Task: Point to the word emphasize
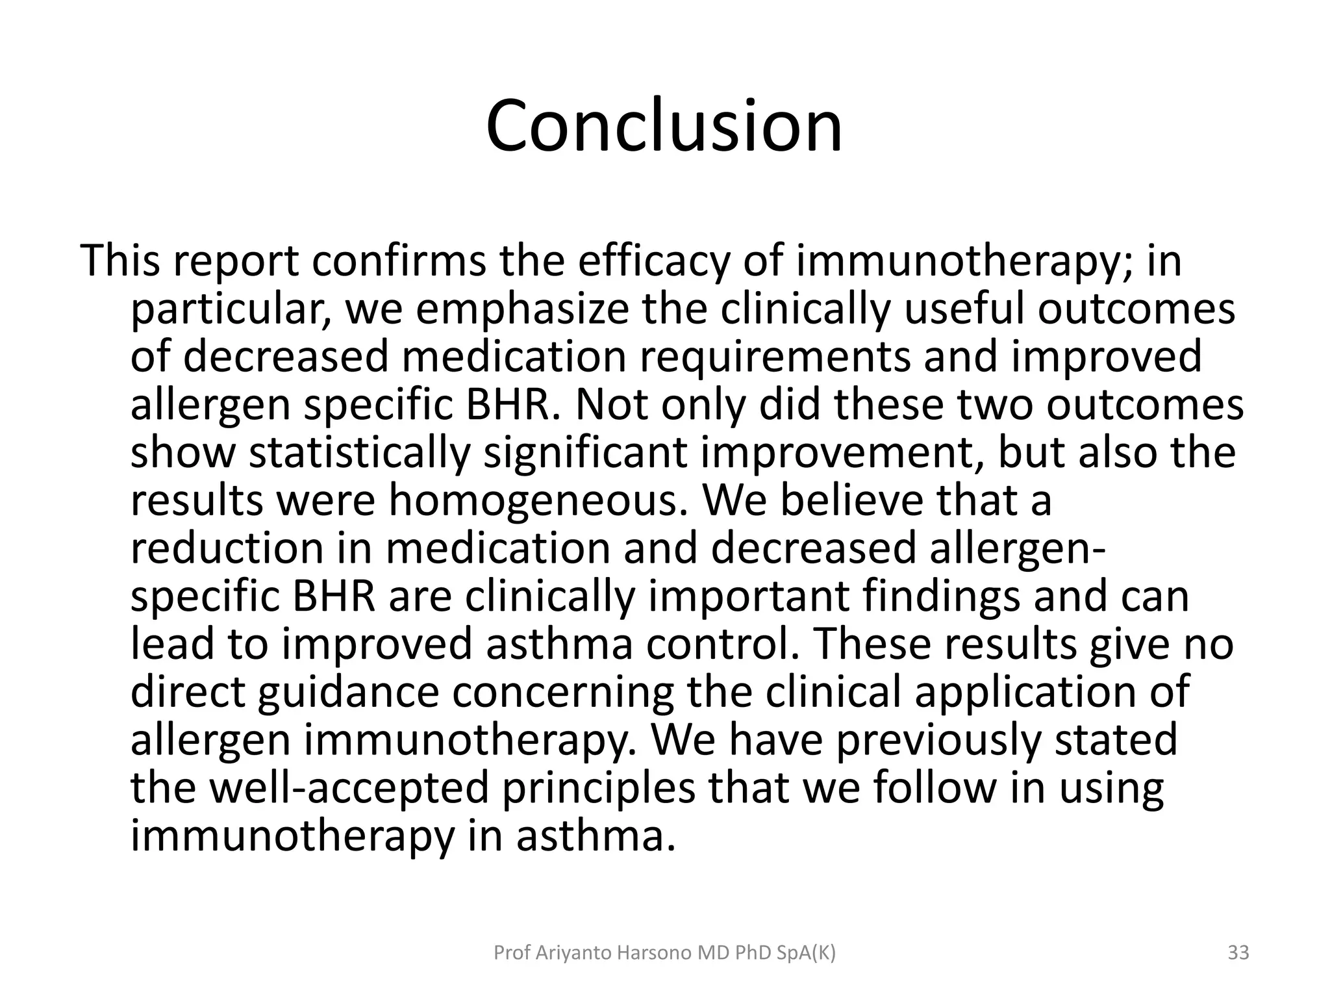[x=522, y=311]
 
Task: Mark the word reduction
[x=227, y=548]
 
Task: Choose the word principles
[x=598, y=787]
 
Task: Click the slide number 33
[x=1238, y=953]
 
